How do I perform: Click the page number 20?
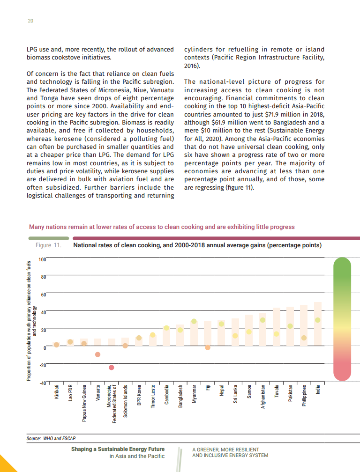tap(30, 21)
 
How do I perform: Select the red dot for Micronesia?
tap(111, 368)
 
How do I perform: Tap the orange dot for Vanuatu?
tap(97, 354)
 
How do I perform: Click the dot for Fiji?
tap(208, 347)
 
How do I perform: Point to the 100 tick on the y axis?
tap(42, 259)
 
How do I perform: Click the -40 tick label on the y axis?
tap(42, 383)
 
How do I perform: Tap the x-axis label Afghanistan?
tap(263, 397)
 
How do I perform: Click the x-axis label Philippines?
tap(304, 396)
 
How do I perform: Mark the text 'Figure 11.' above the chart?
tap(49, 245)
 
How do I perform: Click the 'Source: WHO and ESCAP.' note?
tap(52, 438)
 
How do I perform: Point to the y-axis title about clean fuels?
tap(31, 321)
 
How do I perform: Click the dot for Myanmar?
tap(194, 322)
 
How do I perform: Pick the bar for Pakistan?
tap(290, 326)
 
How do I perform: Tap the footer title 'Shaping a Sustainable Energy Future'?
tap(118, 449)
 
